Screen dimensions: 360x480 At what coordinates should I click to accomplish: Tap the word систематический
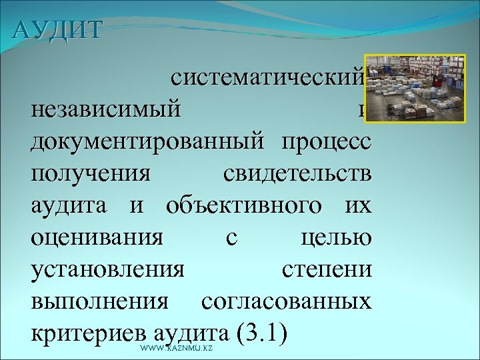[x=267, y=79]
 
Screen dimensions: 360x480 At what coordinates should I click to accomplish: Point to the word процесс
[x=326, y=142]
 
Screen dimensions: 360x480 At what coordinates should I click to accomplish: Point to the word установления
[x=107, y=270]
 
